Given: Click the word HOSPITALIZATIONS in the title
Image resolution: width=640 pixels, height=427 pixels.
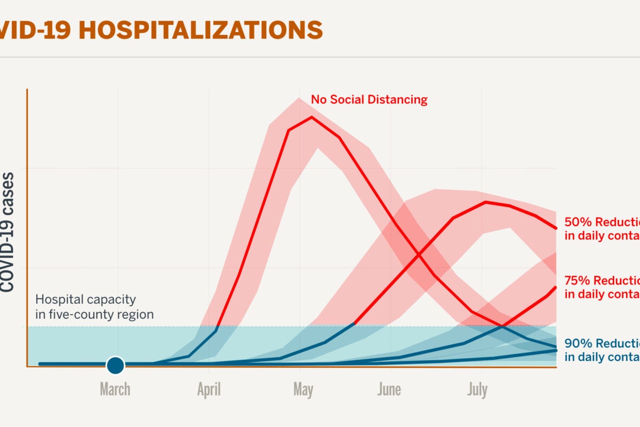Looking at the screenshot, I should pyautogui.click(x=201, y=30).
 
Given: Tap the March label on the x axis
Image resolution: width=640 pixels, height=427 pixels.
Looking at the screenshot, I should pyautogui.click(x=115, y=390).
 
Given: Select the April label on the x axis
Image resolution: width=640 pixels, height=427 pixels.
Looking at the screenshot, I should pyautogui.click(x=209, y=390).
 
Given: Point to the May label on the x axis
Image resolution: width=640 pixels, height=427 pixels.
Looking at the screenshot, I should pyautogui.click(x=303, y=390).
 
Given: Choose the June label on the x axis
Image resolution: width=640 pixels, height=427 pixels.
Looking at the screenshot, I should pyautogui.click(x=389, y=390).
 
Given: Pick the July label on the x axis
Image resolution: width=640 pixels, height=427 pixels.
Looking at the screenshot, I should pyautogui.click(x=477, y=390).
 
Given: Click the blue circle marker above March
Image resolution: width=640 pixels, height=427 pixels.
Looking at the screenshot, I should pyautogui.click(x=115, y=366).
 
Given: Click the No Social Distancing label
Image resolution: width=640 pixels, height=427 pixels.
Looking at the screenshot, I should pyautogui.click(x=369, y=100).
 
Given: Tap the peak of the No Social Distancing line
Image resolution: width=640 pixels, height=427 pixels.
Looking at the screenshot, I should pyautogui.click(x=311, y=117).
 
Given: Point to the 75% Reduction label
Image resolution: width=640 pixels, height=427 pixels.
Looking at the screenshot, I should pyautogui.click(x=602, y=281).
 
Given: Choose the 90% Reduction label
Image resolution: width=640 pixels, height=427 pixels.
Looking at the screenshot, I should pyautogui.click(x=602, y=343).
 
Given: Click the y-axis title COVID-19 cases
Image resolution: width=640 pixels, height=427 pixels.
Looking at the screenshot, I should pyautogui.click(x=7, y=232).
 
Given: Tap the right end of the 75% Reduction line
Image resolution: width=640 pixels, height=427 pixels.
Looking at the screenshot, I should pyautogui.click(x=556, y=288).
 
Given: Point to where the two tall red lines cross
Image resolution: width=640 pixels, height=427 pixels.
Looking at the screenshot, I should pyautogui.click(x=417, y=255).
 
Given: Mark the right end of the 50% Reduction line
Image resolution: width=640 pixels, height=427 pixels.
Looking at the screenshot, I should pyautogui.click(x=556, y=228).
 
